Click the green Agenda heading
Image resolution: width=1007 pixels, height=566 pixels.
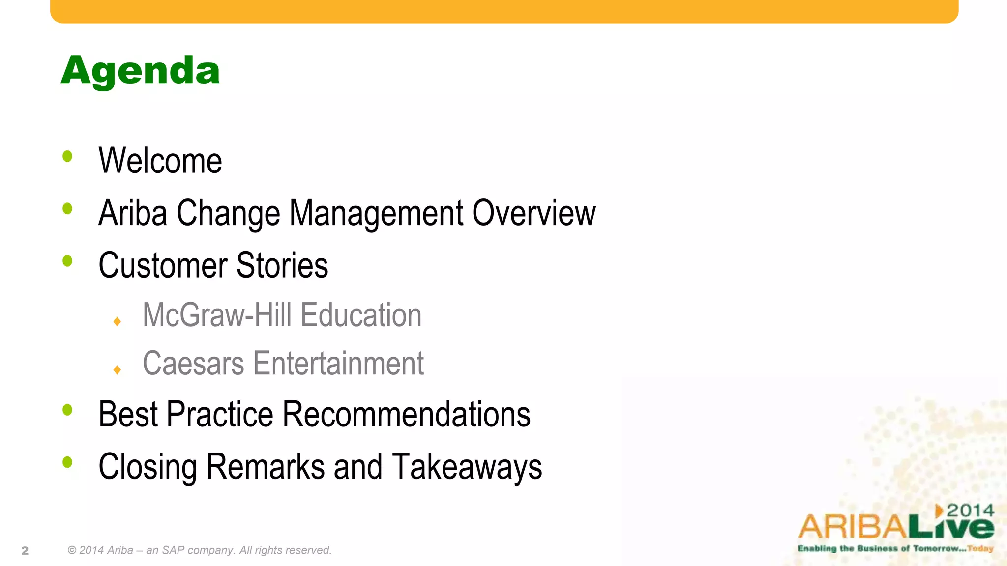(140, 71)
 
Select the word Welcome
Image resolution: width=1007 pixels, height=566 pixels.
(160, 161)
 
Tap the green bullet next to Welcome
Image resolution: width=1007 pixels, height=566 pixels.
(67, 157)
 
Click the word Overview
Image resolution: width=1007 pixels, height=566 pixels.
(534, 213)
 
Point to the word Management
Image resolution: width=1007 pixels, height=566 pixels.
(376, 213)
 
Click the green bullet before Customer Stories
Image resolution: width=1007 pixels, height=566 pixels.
(67, 261)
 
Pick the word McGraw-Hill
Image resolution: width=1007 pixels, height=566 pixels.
(217, 315)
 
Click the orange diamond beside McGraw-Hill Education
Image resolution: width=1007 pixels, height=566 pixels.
(117, 322)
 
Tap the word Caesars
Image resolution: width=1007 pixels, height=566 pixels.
(193, 364)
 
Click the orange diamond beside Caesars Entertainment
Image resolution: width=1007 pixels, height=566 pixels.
(117, 369)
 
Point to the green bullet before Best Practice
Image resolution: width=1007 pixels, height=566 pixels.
(67, 410)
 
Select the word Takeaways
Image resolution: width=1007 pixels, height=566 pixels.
(467, 467)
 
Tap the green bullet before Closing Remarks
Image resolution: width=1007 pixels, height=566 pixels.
(67, 462)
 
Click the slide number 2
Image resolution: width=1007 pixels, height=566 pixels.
(25, 551)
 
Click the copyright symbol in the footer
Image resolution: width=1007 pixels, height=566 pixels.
(72, 550)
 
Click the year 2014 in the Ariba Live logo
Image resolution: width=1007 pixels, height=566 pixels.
(970, 510)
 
